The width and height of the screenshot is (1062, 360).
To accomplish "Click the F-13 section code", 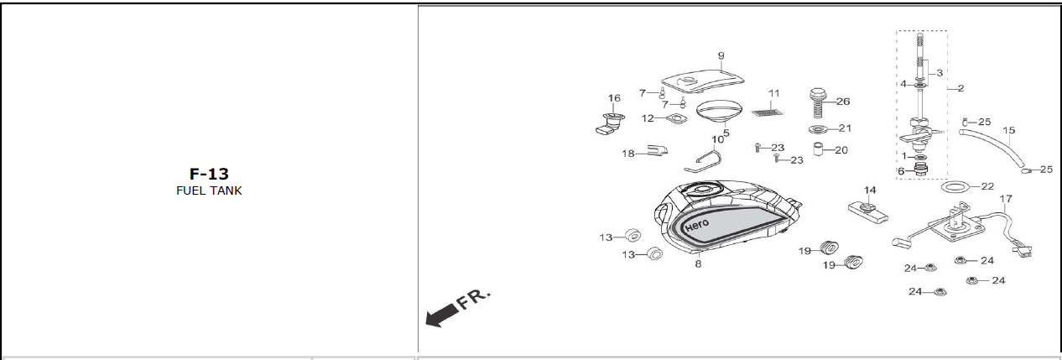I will [209, 175].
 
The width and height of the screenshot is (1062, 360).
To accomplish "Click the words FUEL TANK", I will [209, 190].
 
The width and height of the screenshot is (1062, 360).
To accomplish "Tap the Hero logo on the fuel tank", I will [697, 225].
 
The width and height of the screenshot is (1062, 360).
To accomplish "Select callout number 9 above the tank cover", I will [721, 56].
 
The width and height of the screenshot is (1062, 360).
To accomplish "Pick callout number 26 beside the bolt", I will [843, 102].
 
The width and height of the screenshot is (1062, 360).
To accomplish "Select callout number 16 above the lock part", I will [614, 98].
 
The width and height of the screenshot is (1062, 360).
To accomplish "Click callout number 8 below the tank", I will [698, 264].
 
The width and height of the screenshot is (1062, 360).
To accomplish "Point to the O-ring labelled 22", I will [955, 185].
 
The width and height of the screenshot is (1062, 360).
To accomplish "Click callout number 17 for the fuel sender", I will [1006, 199].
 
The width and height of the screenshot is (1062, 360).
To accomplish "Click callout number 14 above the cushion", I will [870, 190].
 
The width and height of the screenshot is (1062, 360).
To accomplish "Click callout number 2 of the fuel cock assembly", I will [960, 88].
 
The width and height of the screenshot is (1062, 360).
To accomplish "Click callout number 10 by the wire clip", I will [718, 140].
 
